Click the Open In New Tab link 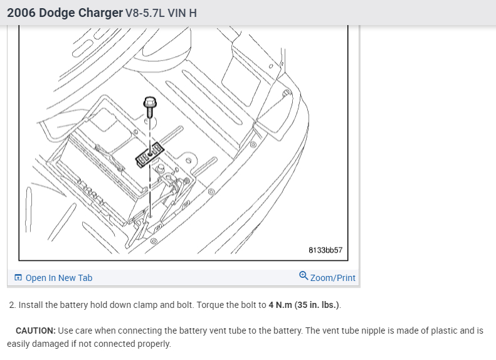[58, 278]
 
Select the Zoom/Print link [332, 278]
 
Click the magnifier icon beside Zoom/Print [303, 277]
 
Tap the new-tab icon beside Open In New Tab [18, 278]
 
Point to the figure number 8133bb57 [325, 250]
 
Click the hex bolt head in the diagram [150, 102]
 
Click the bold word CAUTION [36, 331]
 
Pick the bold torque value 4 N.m [280, 305]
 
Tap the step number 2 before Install [11, 305]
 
